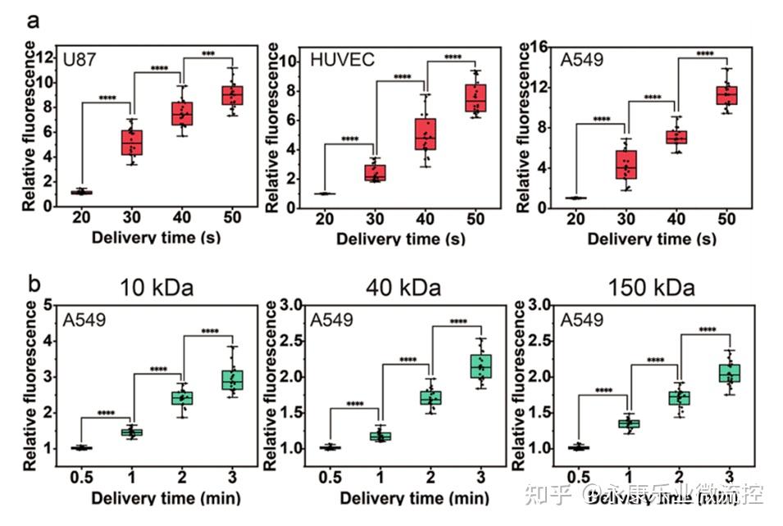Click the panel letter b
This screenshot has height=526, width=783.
click(34, 285)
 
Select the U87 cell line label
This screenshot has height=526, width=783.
click(82, 59)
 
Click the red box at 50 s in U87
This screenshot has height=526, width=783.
click(233, 95)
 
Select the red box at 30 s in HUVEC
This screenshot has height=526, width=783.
click(376, 173)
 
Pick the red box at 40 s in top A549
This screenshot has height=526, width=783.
click(676, 137)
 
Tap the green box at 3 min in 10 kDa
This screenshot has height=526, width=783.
click(233, 380)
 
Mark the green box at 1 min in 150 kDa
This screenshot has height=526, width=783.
click(629, 424)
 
